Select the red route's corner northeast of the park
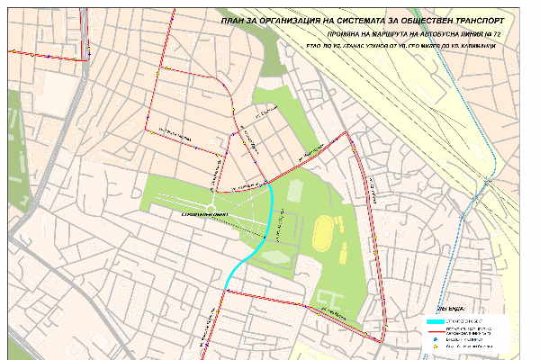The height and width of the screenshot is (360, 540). [349, 132]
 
